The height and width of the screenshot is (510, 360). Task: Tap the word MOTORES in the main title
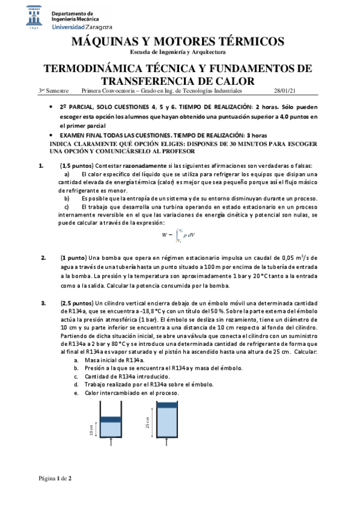coord(186,41)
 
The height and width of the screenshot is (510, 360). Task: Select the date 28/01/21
coord(284,90)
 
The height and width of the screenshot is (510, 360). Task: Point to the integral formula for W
coord(178,235)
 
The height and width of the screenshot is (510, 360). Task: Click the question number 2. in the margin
coord(43,257)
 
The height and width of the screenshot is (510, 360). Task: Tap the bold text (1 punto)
coord(73,257)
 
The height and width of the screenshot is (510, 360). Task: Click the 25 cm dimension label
coord(147,423)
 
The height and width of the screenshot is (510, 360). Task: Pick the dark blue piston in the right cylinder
coord(166,405)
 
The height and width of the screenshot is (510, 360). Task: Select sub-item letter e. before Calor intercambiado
coord(76,392)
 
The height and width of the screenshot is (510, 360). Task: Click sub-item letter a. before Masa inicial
coord(76,358)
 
